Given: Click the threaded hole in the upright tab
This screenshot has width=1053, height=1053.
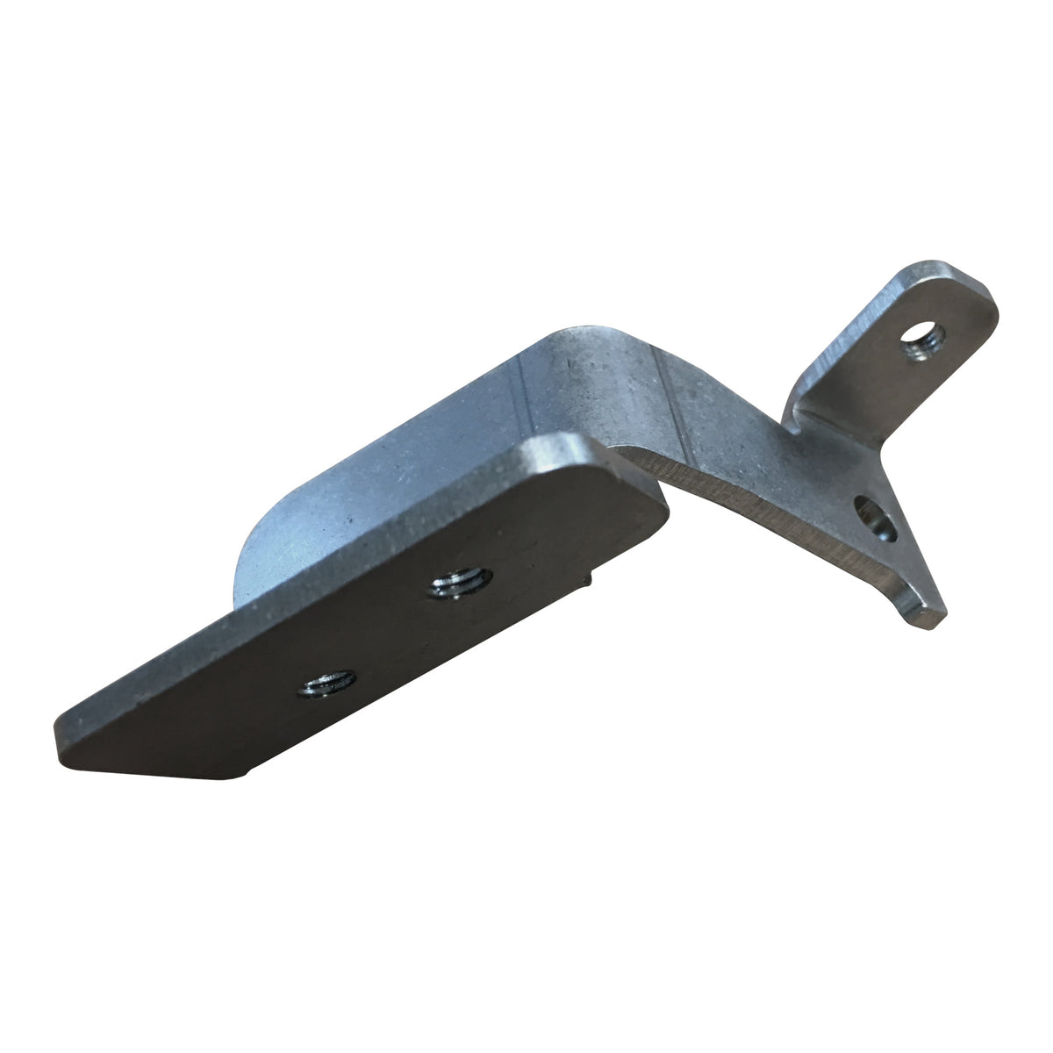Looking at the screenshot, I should [920, 340].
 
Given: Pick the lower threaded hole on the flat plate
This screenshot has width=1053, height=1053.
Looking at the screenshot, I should [326, 682].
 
